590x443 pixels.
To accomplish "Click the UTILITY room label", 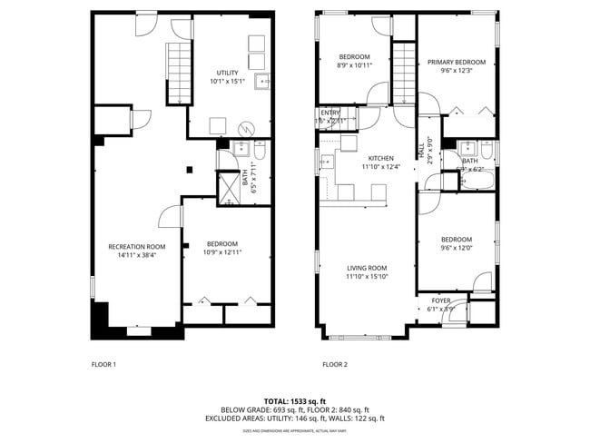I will tap(227, 73).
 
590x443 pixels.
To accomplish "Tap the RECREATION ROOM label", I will tap(136, 246).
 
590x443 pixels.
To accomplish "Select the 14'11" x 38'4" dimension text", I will tap(136, 255).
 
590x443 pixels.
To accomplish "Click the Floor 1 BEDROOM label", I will tap(221, 243).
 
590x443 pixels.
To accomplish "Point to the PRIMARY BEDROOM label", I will tap(457, 62).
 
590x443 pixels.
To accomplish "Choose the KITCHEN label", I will tap(380, 158).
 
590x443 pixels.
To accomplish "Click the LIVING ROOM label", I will tap(367, 268).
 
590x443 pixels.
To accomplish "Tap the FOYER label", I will tap(441, 300).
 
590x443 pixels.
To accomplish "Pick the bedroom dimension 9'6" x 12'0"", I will tap(457, 248).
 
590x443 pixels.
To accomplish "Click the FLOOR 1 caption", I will tap(104, 365).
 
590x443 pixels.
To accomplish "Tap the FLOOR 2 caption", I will tap(335, 365).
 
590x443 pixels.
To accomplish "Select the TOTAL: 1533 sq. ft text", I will tap(295, 400).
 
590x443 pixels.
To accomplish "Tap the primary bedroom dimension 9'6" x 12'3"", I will tap(457, 71).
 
